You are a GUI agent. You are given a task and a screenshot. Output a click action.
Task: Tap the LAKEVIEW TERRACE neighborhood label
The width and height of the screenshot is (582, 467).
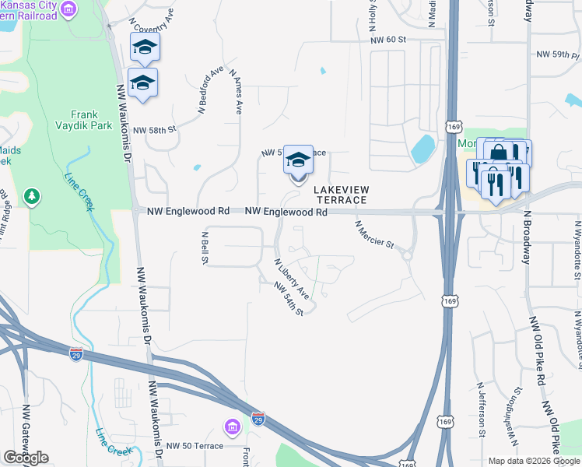point(341,195)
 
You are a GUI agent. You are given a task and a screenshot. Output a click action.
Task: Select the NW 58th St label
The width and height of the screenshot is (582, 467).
point(155,131)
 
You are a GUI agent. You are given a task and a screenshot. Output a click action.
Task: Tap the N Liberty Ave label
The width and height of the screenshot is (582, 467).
point(291,279)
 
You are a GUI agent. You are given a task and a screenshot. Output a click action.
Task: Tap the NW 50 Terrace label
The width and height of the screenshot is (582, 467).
point(195,446)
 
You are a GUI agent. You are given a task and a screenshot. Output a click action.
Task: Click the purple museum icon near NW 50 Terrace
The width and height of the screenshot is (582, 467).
point(232,427)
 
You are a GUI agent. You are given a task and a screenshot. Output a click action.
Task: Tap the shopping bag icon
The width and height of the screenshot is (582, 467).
point(499,152)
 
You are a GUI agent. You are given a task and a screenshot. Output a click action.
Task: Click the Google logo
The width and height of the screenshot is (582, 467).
point(26,458)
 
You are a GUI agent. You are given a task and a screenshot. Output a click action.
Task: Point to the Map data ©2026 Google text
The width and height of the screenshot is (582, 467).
point(533,461)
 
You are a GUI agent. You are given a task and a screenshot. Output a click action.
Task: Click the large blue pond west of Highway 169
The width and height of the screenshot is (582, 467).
point(424,148)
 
